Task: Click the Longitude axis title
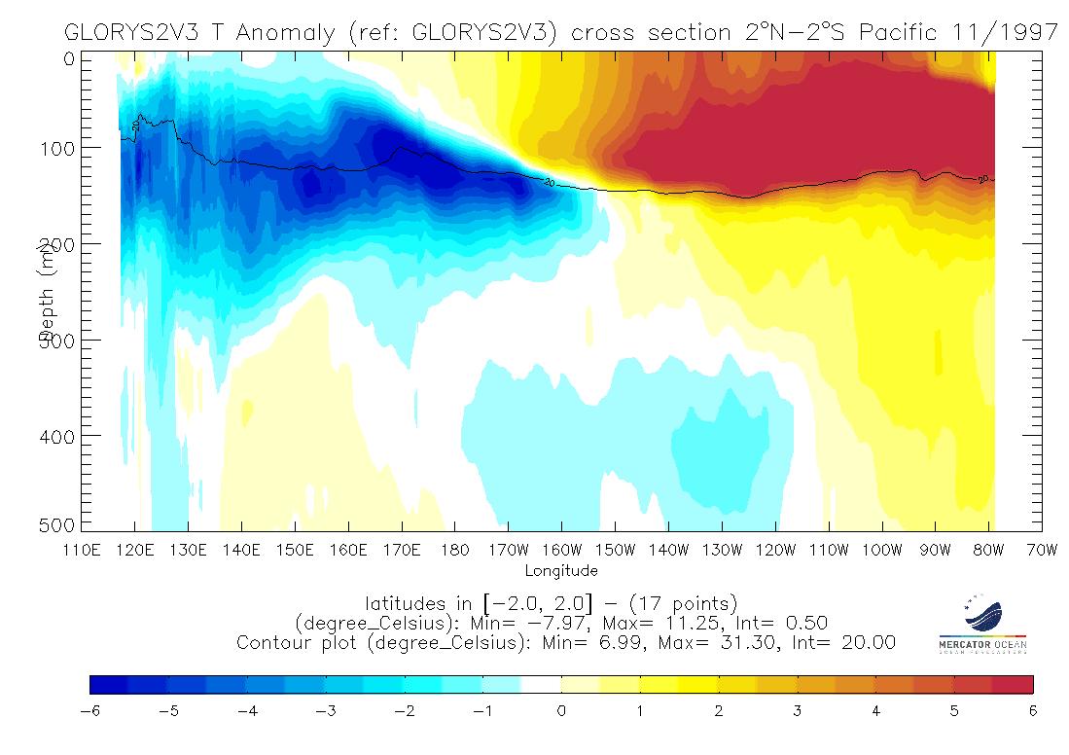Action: click(561, 570)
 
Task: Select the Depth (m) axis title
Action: click(45, 292)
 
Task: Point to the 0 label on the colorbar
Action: click(561, 711)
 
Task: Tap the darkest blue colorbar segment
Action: click(109, 685)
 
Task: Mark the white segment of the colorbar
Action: click(542, 685)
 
